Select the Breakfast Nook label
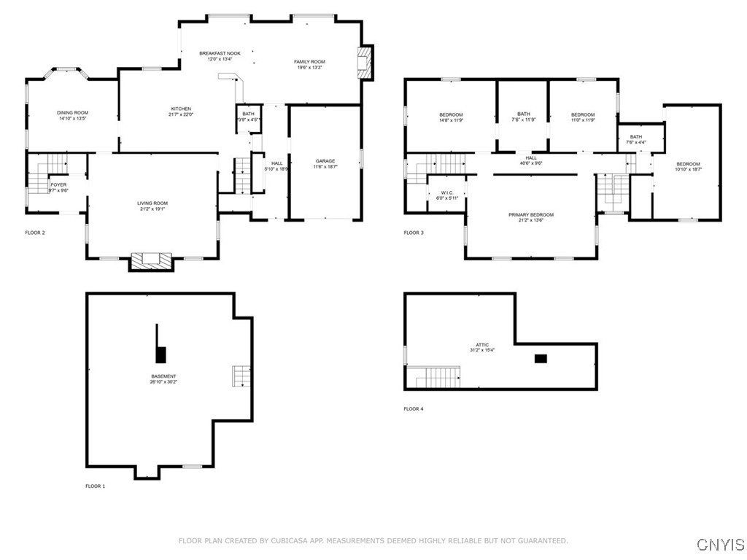coord(220,53)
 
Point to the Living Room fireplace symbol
coord(151,260)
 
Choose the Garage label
coord(325,160)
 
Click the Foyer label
coord(58,184)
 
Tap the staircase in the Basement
coord(241,376)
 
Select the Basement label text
coord(163,376)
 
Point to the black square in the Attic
coord(541,358)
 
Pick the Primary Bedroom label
coord(531,214)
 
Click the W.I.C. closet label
coord(447,192)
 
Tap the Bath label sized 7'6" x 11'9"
coord(524,114)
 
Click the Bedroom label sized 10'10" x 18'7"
coord(687,164)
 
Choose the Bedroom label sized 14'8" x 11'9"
coord(451,114)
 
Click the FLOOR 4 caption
coord(413,409)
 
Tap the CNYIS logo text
coord(721,545)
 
